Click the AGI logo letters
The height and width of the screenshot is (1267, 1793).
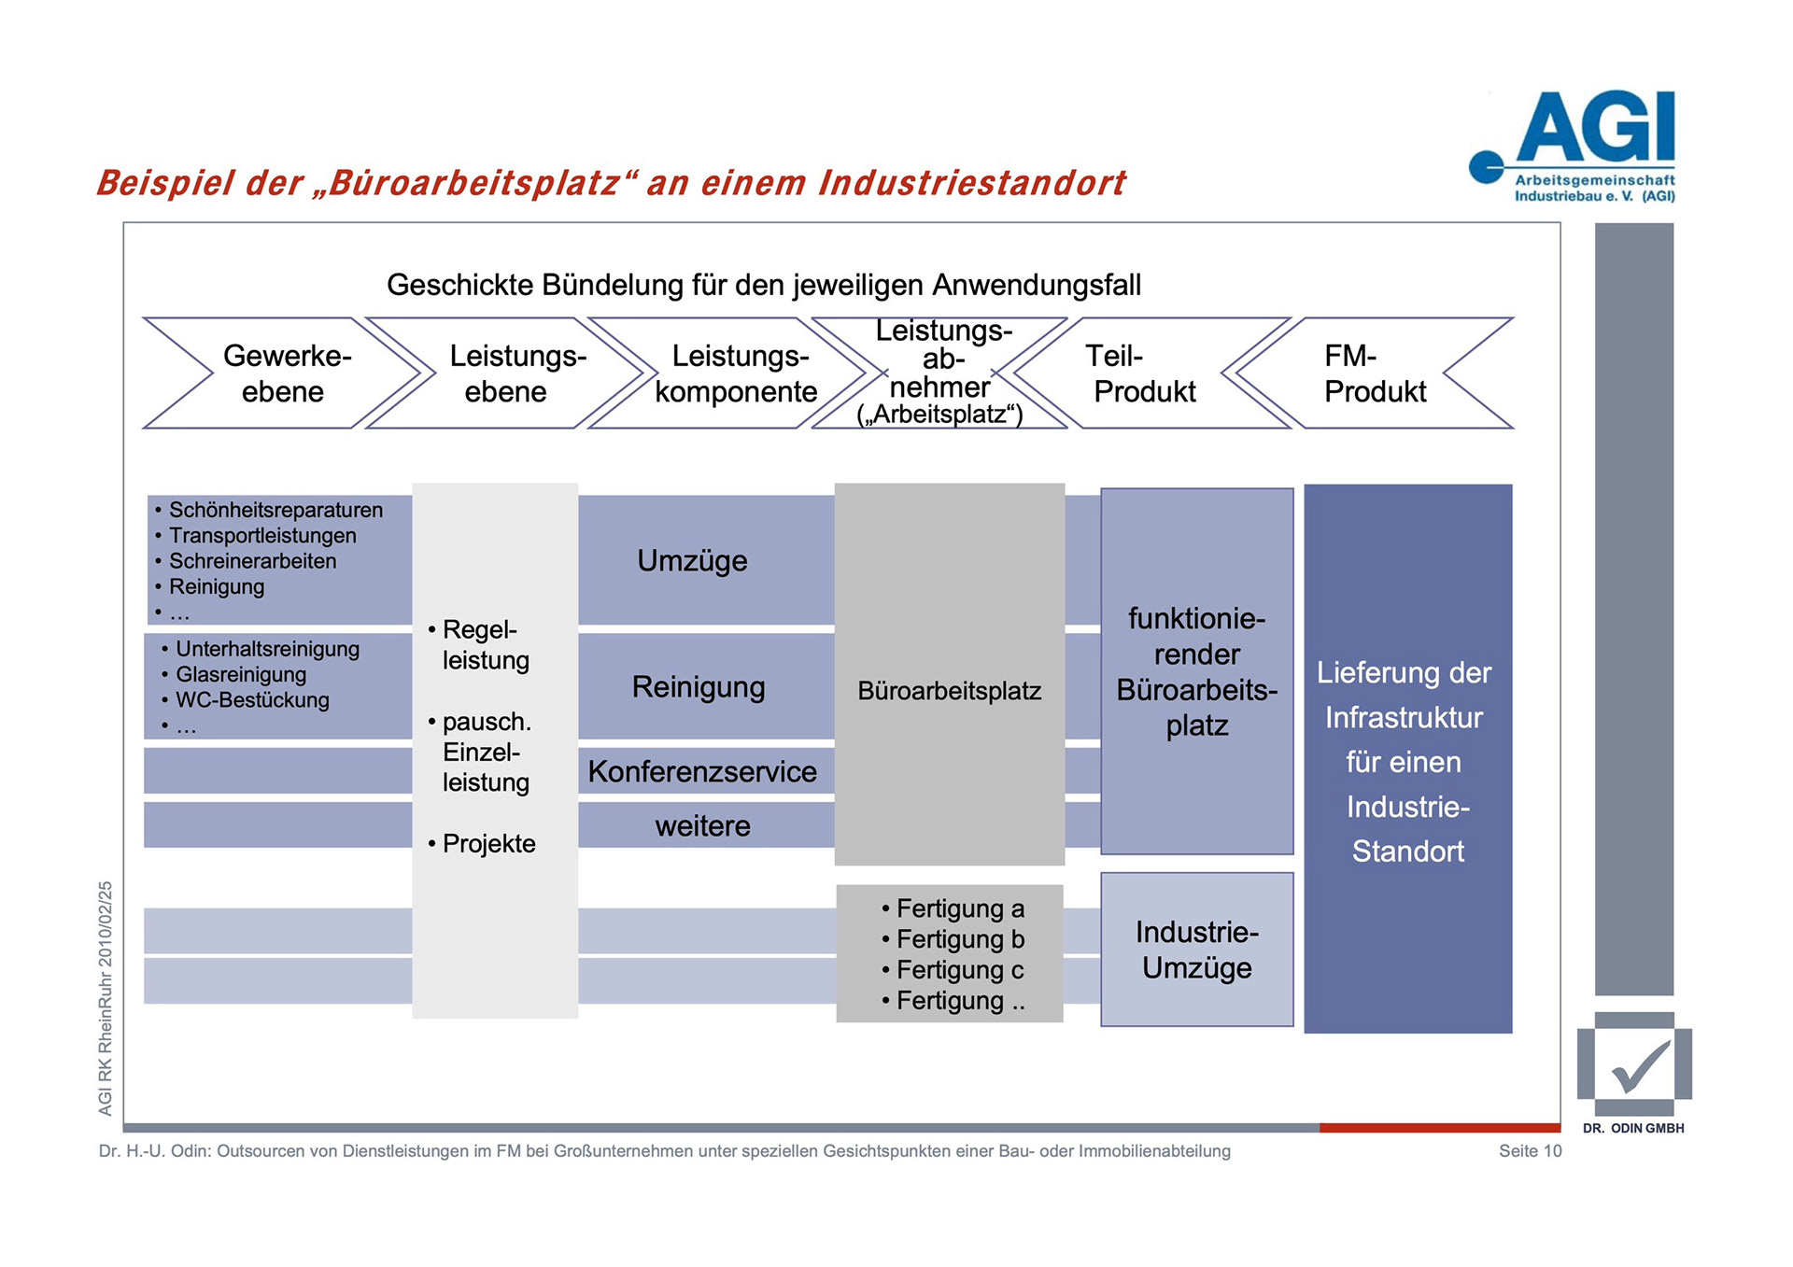click(1595, 127)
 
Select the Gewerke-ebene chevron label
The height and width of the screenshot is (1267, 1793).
click(285, 373)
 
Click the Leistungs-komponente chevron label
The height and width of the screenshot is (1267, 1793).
click(737, 373)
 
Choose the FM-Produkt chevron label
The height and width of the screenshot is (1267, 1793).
click(1374, 373)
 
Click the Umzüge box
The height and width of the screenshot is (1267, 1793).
click(692, 560)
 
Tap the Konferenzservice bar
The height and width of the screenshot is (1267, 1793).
click(702, 771)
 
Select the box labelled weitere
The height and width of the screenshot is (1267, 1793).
click(702, 826)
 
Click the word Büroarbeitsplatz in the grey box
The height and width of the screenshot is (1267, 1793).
click(949, 691)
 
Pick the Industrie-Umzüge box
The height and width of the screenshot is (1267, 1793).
click(1196, 950)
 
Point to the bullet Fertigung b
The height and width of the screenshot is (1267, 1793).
click(959, 939)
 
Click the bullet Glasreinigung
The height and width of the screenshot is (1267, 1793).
click(241, 674)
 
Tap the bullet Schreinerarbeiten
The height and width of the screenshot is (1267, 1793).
click(252, 561)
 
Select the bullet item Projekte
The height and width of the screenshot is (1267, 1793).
click(488, 844)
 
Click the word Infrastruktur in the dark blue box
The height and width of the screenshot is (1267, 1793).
click(1404, 718)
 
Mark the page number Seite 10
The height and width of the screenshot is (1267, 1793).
click(1530, 1151)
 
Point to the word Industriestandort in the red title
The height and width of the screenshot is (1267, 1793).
click(972, 183)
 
